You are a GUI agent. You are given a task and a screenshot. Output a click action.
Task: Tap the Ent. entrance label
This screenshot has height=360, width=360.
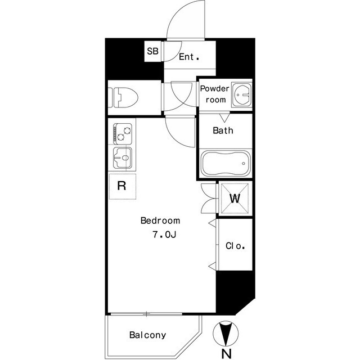[x=189, y=57]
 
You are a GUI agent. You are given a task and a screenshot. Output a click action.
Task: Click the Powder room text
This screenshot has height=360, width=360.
[x=215, y=94]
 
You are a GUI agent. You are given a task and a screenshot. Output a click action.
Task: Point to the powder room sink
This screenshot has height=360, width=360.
[x=242, y=94]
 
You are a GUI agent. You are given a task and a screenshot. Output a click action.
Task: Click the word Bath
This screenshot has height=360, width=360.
[x=223, y=130]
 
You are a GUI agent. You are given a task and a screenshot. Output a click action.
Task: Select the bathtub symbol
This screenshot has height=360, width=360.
[x=224, y=164]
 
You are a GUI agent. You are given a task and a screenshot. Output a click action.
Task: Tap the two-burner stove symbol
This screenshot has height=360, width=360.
[x=122, y=134]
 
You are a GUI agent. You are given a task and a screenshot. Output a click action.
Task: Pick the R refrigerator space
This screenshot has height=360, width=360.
[x=121, y=186]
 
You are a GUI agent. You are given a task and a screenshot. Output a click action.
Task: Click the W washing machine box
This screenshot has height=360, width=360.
[x=235, y=199]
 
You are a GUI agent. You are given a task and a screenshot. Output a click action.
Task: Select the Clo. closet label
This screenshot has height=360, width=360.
[x=235, y=246]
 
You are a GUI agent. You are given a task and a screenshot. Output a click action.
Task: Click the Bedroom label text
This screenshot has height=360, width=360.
[x=160, y=220]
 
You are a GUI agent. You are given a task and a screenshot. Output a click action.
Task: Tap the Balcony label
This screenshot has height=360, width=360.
[x=147, y=335]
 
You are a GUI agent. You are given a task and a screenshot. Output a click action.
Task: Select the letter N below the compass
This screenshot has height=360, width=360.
[x=226, y=353]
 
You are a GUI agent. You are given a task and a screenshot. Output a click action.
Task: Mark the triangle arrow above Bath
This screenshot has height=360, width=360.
[x=224, y=118]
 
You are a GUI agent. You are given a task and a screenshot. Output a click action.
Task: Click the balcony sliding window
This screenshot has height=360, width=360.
[x=147, y=313]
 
